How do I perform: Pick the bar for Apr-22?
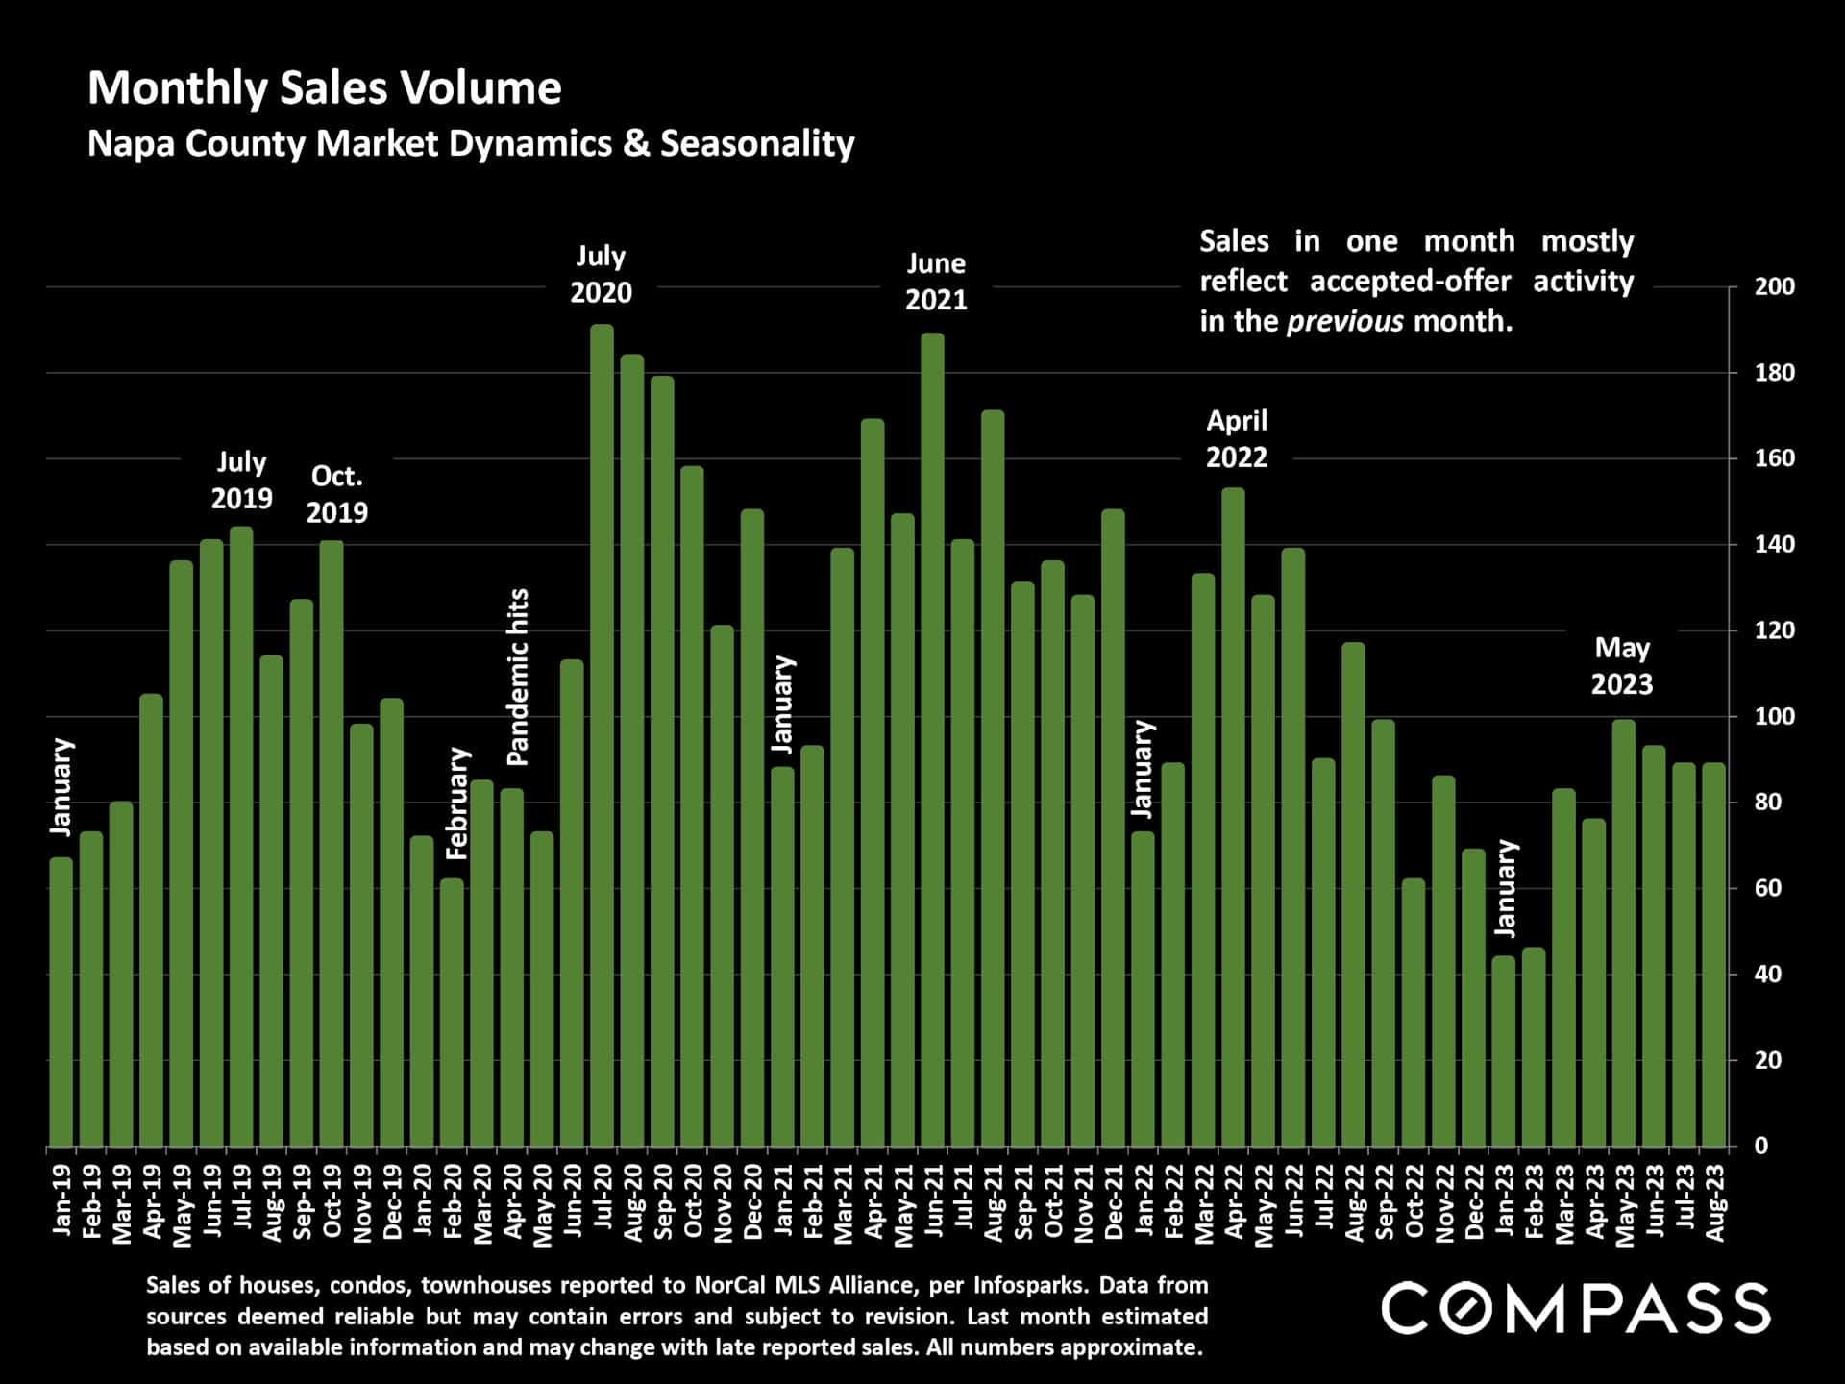[1233, 817]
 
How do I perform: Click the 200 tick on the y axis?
[1774, 286]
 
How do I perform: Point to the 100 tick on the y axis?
[1774, 716]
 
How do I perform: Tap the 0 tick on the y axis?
[1760, 1146]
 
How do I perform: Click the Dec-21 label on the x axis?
[1114, 1201]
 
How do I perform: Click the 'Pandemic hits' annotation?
[518, 677]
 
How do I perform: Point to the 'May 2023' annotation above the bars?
[1622, 666]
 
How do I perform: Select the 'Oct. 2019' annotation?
[336, 494]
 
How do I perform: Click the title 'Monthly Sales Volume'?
[325, 88]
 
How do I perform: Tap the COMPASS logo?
[1575, 1309]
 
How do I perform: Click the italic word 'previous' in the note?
[1344, 321]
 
